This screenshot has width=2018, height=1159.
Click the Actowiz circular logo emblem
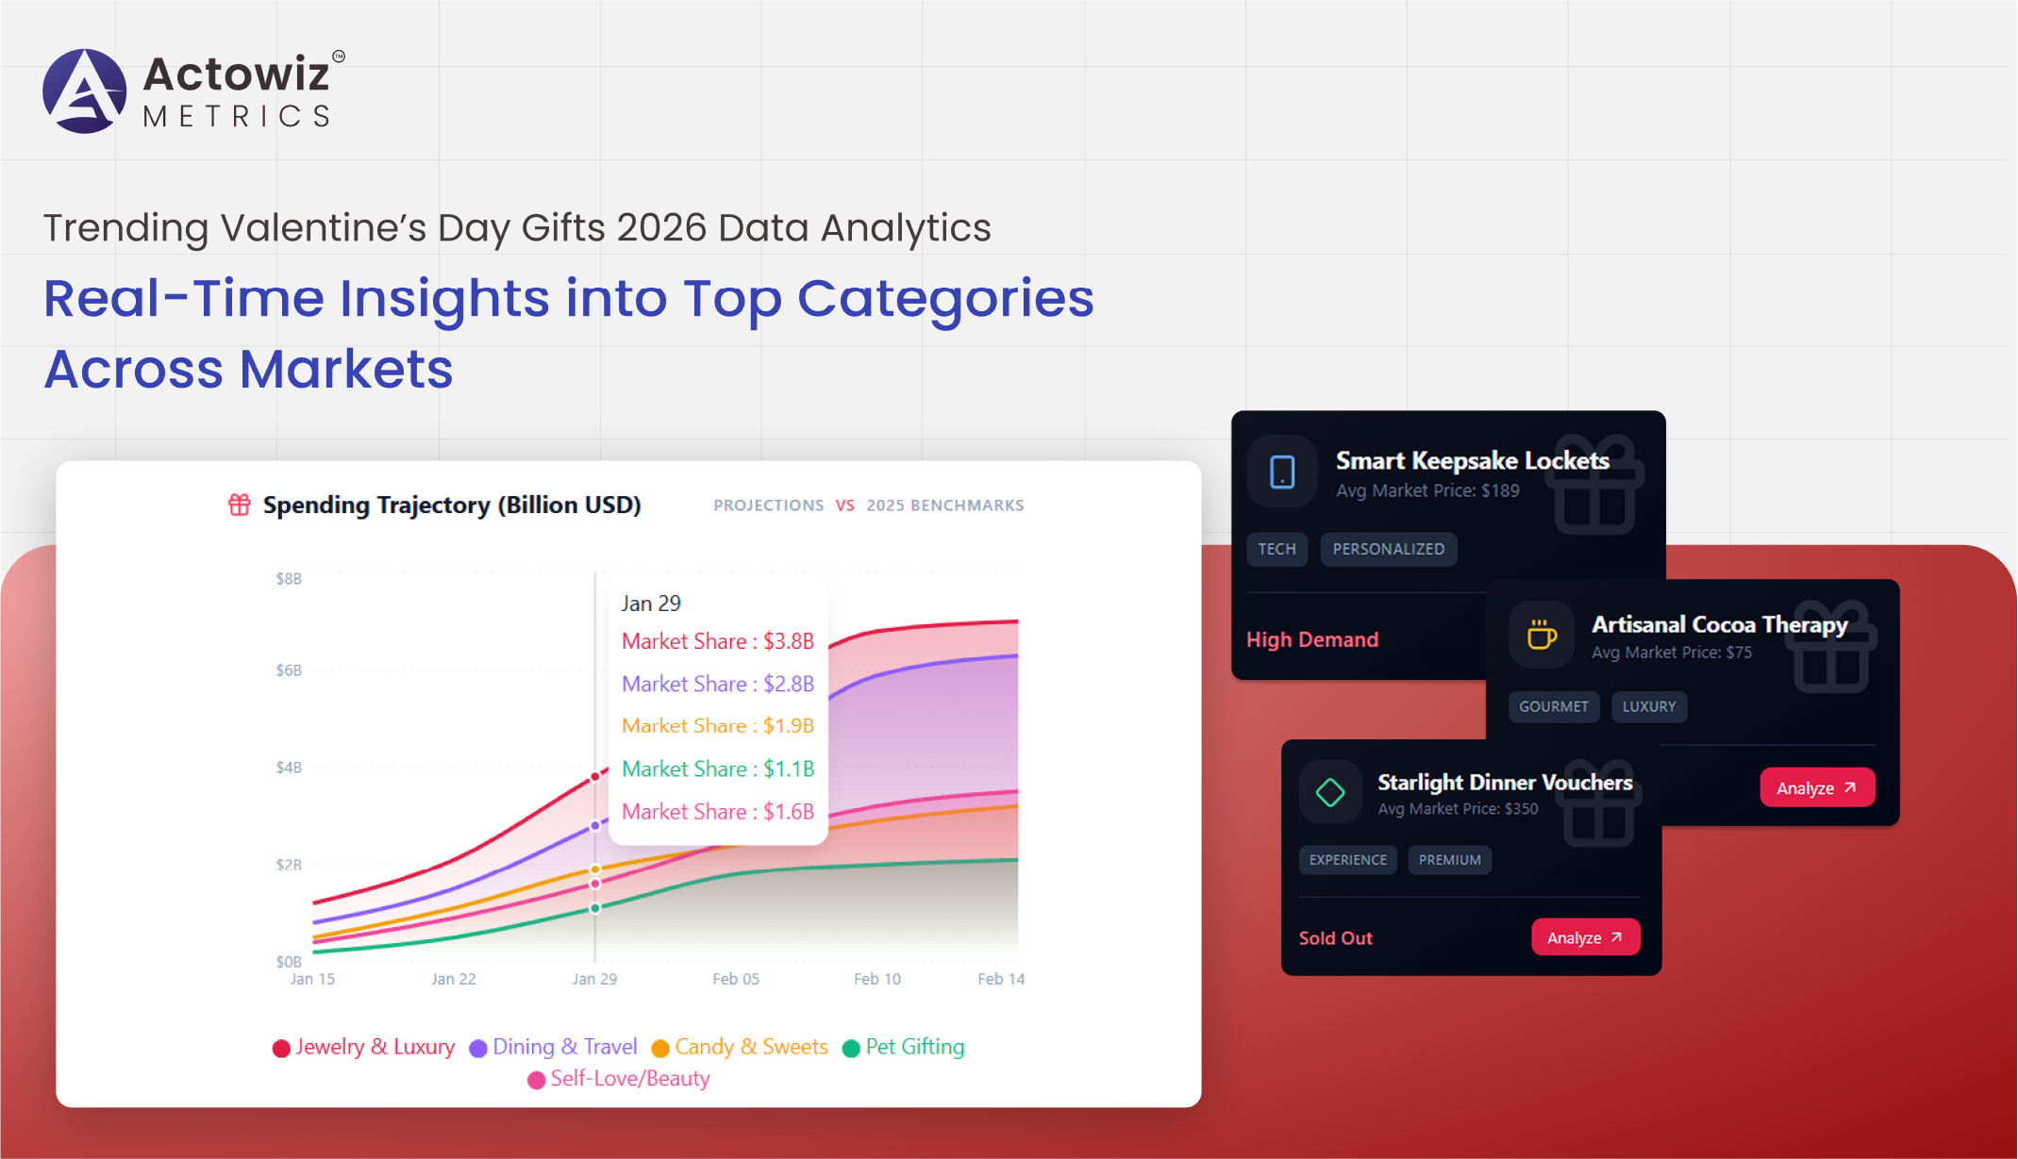pyautogui.click(x=85, y=91)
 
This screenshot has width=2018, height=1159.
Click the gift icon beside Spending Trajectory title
pyautogui.click(x=240, y=505)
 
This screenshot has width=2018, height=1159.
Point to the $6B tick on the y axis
pyautogui.click(x=289, y=671)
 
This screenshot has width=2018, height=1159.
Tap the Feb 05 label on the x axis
pyautogui.click(x=736, y=979)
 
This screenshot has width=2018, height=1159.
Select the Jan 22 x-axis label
pyautogui.click(x=454, y=979)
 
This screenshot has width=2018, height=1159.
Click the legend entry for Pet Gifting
pyautogui.click(x=903, y=1047)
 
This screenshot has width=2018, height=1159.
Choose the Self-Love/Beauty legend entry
pyautogui.click(x=619, y=1079)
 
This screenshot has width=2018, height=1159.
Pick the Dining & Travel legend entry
pyautogui.click(x=554, y=1047)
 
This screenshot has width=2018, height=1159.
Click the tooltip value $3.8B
pyautogui.click(x=789, y=641)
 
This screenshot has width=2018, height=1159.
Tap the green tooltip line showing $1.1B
pyautogui.click(x=718, y=769)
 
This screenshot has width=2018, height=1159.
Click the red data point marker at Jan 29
pyautogui.click(x=595, y=777)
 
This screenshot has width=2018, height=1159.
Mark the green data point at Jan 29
pyautogui.click(x=595, y=908)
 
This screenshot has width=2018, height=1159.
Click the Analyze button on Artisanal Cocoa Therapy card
pyautogui.click(x=1816, y=787)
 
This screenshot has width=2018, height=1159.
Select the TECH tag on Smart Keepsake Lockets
pyautogui.click(x=1276, y=549)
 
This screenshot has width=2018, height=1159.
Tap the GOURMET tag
pyautogui.click(x=1553, y=706)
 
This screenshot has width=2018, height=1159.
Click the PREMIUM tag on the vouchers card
pyautogui.click(x=1449, y=860)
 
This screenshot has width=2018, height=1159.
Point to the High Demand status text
pyautogui.click(x=1312, y=639)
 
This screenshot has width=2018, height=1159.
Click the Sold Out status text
pyautogui.click(x=1335, y=938)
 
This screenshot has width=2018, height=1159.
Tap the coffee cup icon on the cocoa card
pyautogui.click(x=1542, y=635)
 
